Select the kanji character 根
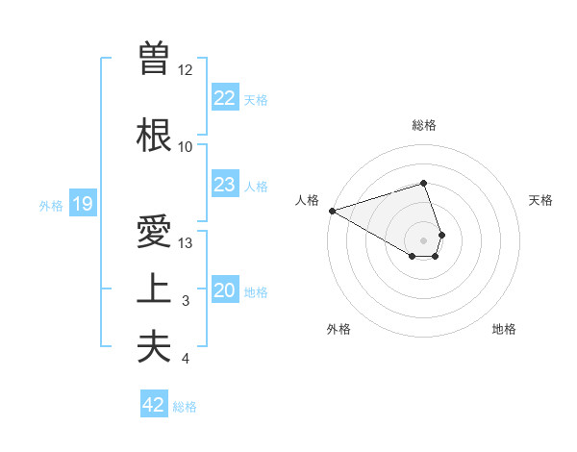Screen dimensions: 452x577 [153, 135]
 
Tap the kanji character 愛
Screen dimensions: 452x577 [153, 233]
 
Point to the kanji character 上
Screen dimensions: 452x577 [153, 289]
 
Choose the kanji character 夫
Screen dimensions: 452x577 [153, 346]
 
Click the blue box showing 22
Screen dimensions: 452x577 [224, 98]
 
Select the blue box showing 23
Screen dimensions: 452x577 [224, 185]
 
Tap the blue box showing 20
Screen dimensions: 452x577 [224, 291]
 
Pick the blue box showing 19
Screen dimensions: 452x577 [82, 204]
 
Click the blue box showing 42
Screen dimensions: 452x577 [154, 405]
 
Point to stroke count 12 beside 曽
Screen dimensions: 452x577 [186, 70]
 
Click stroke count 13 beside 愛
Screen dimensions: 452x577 [186, 243]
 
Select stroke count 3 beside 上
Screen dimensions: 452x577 [186, 302]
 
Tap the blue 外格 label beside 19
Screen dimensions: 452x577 [50, 205]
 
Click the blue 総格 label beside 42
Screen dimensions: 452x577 [185, 407]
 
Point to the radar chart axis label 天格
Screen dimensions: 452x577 [540, 200]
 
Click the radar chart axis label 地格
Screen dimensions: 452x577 [504, 330]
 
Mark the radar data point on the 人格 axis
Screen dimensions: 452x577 [332, 211]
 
